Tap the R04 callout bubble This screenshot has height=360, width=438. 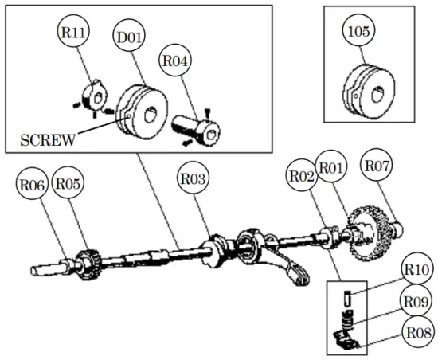(177, 62)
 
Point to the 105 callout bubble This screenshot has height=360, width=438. (359, 32)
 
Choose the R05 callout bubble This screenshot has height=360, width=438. (68, 184)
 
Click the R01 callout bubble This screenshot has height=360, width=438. (331, 167)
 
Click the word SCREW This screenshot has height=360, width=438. (49, 141)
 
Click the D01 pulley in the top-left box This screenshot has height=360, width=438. (140, 112)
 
